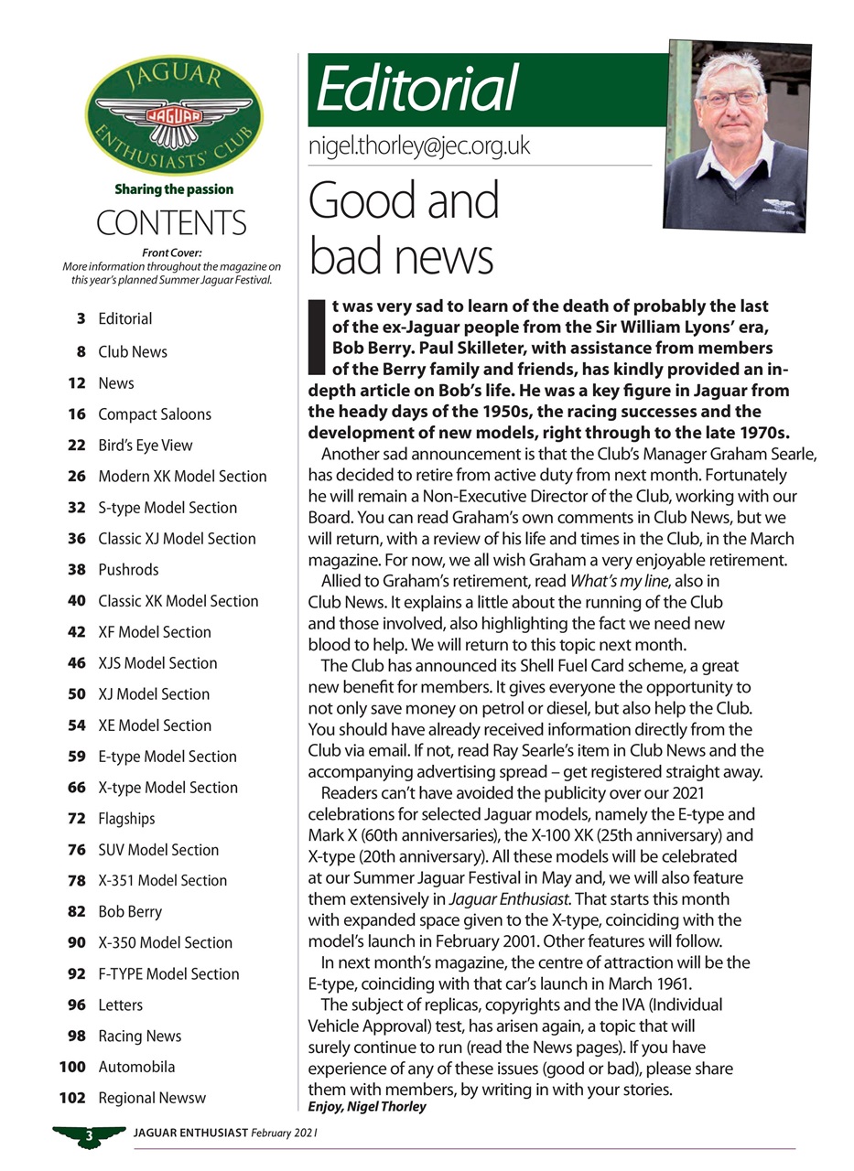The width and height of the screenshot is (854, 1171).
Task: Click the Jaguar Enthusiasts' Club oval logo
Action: click(174, 114)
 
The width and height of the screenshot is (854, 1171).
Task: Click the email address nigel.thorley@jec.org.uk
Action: click(419, 146)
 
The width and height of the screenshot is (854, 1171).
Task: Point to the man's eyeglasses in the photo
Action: click(729, 98)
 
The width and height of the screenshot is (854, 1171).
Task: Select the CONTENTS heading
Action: click(171, 223)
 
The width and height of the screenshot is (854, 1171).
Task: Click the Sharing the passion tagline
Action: click(174, 189)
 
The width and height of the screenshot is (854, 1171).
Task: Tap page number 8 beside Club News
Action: click(81, 351)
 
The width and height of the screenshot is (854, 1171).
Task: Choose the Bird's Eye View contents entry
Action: click(146, 445)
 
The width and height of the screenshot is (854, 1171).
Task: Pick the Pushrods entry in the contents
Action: click(128, 569)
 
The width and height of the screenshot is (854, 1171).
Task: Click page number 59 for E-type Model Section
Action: click(77, 756)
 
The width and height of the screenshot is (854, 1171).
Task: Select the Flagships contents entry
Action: click(126, 818)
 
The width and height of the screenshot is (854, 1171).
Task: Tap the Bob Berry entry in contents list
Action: click(130, 911)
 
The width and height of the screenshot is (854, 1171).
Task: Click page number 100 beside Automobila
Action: click(72, 1067)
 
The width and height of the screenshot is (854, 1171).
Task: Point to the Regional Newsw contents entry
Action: click(152, 1098)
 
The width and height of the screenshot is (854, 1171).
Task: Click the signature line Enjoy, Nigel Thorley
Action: click(367, 1107)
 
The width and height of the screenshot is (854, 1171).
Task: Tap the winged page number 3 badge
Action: click(90, 1136)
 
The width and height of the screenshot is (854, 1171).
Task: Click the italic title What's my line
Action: click(621, 582)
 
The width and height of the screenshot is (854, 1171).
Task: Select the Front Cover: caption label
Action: click(172, 253)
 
